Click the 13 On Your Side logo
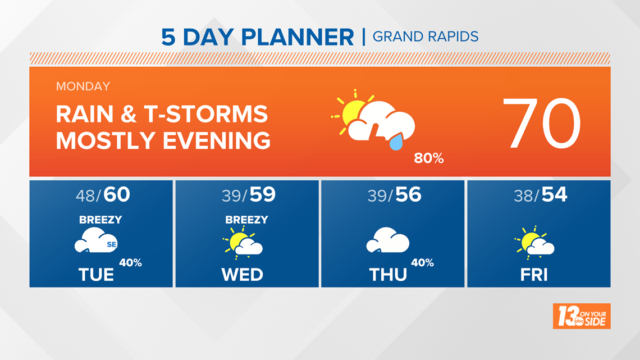point(582,316)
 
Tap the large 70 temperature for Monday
point(542,124)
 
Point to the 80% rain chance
point(428,158)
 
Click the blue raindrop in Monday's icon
point(396,142)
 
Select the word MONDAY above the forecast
point(83,86)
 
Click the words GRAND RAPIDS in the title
point(426,37)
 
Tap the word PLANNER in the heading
point(298,37)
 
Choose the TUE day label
point(97,275)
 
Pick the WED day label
point(242,275)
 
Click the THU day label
point(388,275)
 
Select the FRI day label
point(534,275)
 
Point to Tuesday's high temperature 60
point(117,194)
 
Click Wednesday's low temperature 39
point(232,196)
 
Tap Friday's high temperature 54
point(554,194)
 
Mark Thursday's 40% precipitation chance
point(422,263)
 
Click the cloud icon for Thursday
point(388,240)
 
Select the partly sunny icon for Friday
point(534,243)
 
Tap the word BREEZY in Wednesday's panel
point(246,220)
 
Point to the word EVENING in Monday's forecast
point(217,141)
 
